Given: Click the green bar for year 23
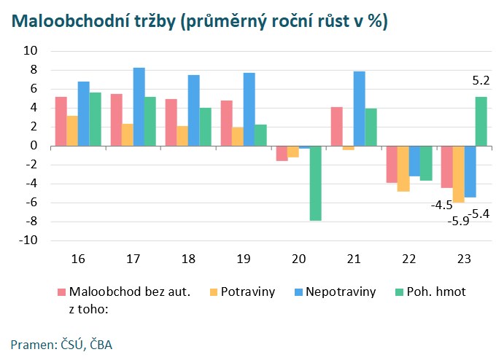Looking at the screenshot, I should click(x=481, y=121).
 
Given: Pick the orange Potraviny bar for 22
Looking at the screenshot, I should click(x=403, y=168).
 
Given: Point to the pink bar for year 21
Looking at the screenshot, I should click(x=336, y=127).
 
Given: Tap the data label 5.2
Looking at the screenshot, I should click(x=481, y=81).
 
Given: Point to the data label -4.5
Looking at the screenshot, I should click(x=441, y=206).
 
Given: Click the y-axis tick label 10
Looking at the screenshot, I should click(x=31, y=51).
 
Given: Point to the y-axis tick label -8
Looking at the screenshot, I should click(x=31, y=222).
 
